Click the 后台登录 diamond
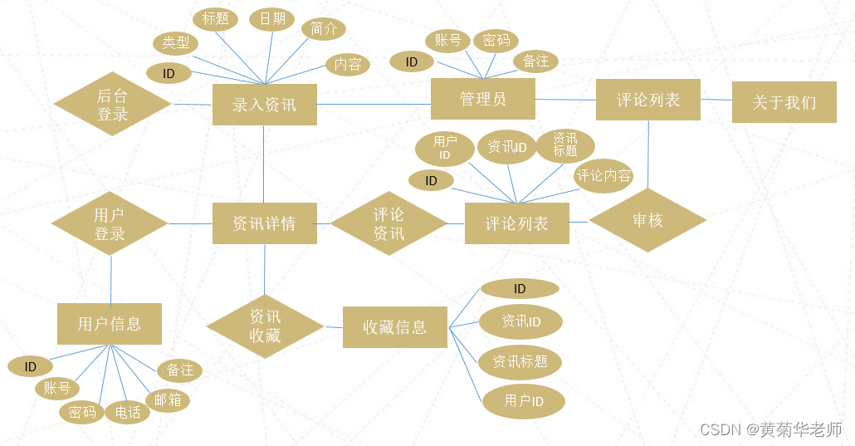tap(112, 105)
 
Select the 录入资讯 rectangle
tap(264, 105)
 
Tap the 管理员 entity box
tap(482, 100)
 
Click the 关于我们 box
tap(784, 102)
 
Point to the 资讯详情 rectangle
tap(264, 223)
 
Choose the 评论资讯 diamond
tap(388, 223)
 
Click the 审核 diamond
tap(647, 220)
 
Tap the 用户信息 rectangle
tap(110, 324)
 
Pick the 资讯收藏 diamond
tap(265, 326)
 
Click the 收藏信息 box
tap(395, 327)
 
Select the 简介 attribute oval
tap(323, 29)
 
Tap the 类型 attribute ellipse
tap(175, 43)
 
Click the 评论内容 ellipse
tap(603, 176)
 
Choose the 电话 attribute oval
tap(127, 412)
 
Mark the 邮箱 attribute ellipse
tap(167, 400)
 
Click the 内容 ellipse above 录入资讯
tap(348, 65)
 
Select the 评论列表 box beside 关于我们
tap(648, 100)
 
